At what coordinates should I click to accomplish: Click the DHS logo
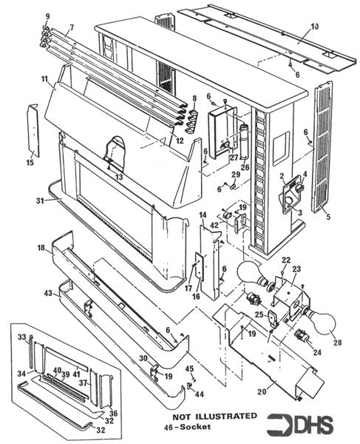(304, 424)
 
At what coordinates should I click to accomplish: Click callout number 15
(30, 163)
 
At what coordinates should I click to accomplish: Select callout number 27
(234, 158)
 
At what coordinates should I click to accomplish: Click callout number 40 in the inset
(57, 370)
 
